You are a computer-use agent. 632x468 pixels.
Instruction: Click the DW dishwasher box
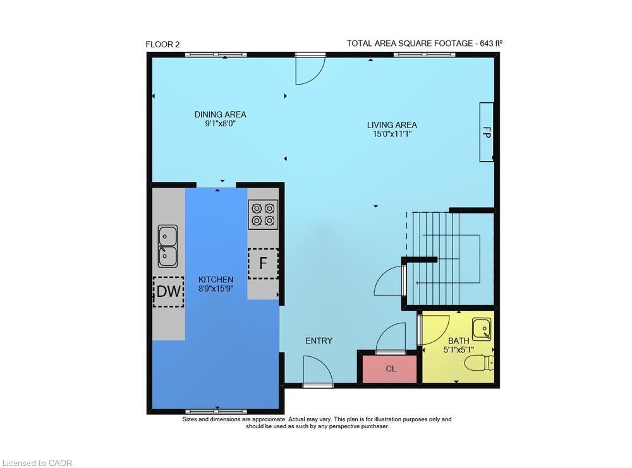point(169,291)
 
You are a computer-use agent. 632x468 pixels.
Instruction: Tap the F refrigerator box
point(262,263)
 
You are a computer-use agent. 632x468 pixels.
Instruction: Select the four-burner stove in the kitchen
point(264,214)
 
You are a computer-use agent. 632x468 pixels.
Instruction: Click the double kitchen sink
point(167,246)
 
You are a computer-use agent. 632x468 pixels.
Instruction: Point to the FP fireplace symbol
point(486,132)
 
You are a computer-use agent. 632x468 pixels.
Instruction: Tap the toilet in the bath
point(478,363)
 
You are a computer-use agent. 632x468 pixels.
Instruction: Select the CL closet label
point(391,369)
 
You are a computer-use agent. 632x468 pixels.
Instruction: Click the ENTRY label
point(319,341)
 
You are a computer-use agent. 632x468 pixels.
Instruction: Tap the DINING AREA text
point(220,114)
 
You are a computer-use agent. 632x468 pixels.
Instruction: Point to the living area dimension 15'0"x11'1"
point(392,134)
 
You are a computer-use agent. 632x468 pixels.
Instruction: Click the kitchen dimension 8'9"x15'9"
point(216,289)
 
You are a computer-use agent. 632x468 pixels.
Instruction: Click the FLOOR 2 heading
point(163,44)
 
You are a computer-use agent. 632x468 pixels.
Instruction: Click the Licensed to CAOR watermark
point(37,463)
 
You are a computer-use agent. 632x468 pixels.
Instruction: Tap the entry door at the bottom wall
point(317,371)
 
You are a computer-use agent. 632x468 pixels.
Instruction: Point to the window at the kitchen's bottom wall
point(216,411)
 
